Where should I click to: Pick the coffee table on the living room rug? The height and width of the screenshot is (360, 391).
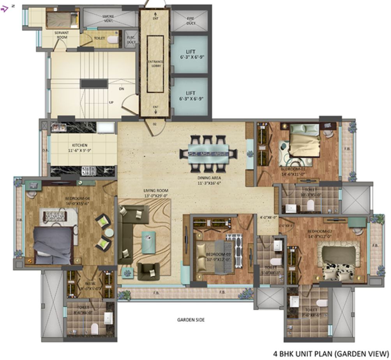148,237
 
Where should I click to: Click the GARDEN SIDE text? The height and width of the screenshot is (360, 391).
191,320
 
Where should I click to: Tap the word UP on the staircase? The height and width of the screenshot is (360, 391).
111,103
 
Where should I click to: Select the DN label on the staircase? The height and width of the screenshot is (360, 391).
122,89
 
